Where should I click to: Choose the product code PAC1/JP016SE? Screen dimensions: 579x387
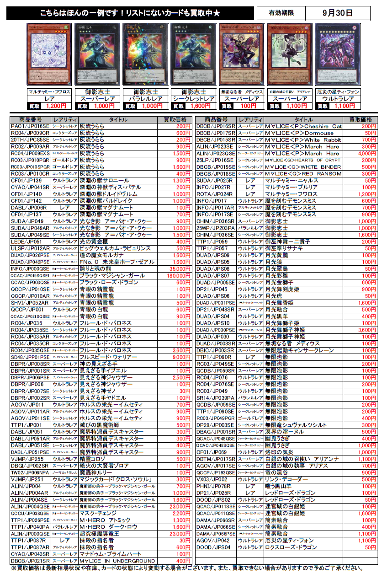[30, 126]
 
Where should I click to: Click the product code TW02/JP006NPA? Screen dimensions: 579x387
[30, 472]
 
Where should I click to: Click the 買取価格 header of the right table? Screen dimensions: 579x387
[360, 119]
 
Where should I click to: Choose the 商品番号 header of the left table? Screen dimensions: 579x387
[30, 119]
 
